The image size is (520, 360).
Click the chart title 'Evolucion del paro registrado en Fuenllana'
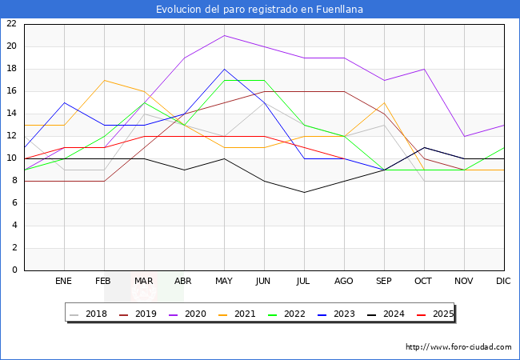(x=259, y=10)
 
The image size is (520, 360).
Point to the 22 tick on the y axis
(x=11, y=24)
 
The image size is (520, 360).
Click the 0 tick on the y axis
(x=14, y=270)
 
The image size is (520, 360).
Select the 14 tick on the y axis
(x=11, y=114)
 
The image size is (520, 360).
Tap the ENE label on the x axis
(x=64, y=282)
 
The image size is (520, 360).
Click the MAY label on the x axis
(x=224, y=282)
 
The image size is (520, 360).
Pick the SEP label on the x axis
(x=384, y=282)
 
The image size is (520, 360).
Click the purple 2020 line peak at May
(x=224, y=35)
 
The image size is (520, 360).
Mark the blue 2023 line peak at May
(x=224, y=69)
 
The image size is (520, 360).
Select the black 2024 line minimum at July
(x=304, y=192)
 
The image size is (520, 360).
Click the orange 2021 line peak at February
(x=104, y=80)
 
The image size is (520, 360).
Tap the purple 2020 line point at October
(x=424, y=69)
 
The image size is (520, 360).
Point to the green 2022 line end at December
(x=504, y=147)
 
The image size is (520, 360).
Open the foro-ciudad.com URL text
(x=458, y=347)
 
